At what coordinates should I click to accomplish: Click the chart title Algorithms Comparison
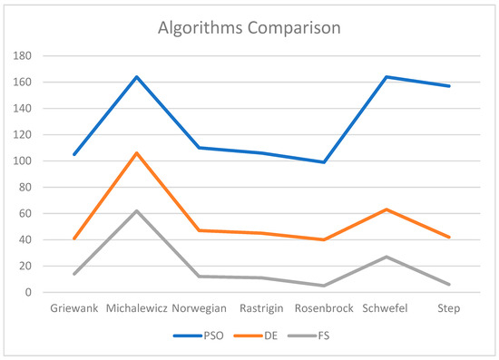tap(249, 27)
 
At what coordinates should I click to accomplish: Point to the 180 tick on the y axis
tap(23, 56)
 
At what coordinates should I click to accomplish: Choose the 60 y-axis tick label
tap(25, 214)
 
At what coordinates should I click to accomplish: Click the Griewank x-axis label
tap(73, 309)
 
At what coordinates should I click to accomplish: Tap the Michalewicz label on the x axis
tap(136, 309)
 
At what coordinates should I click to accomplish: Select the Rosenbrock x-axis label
tap(324, 309)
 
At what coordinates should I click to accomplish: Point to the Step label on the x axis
tap(449, 309)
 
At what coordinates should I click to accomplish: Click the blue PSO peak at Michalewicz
tap(136, 77)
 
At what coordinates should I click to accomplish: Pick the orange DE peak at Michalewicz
tap(136, 153)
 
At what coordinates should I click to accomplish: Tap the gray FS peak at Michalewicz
tap(136, 211)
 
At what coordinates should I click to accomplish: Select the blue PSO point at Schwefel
tap(386, 77)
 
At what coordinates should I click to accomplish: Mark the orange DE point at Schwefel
tap(386, 209)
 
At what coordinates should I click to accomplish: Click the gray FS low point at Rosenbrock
tap(324, 286)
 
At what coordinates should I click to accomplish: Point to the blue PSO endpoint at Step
tap(449, 86)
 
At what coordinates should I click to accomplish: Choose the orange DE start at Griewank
tap(73, 238)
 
